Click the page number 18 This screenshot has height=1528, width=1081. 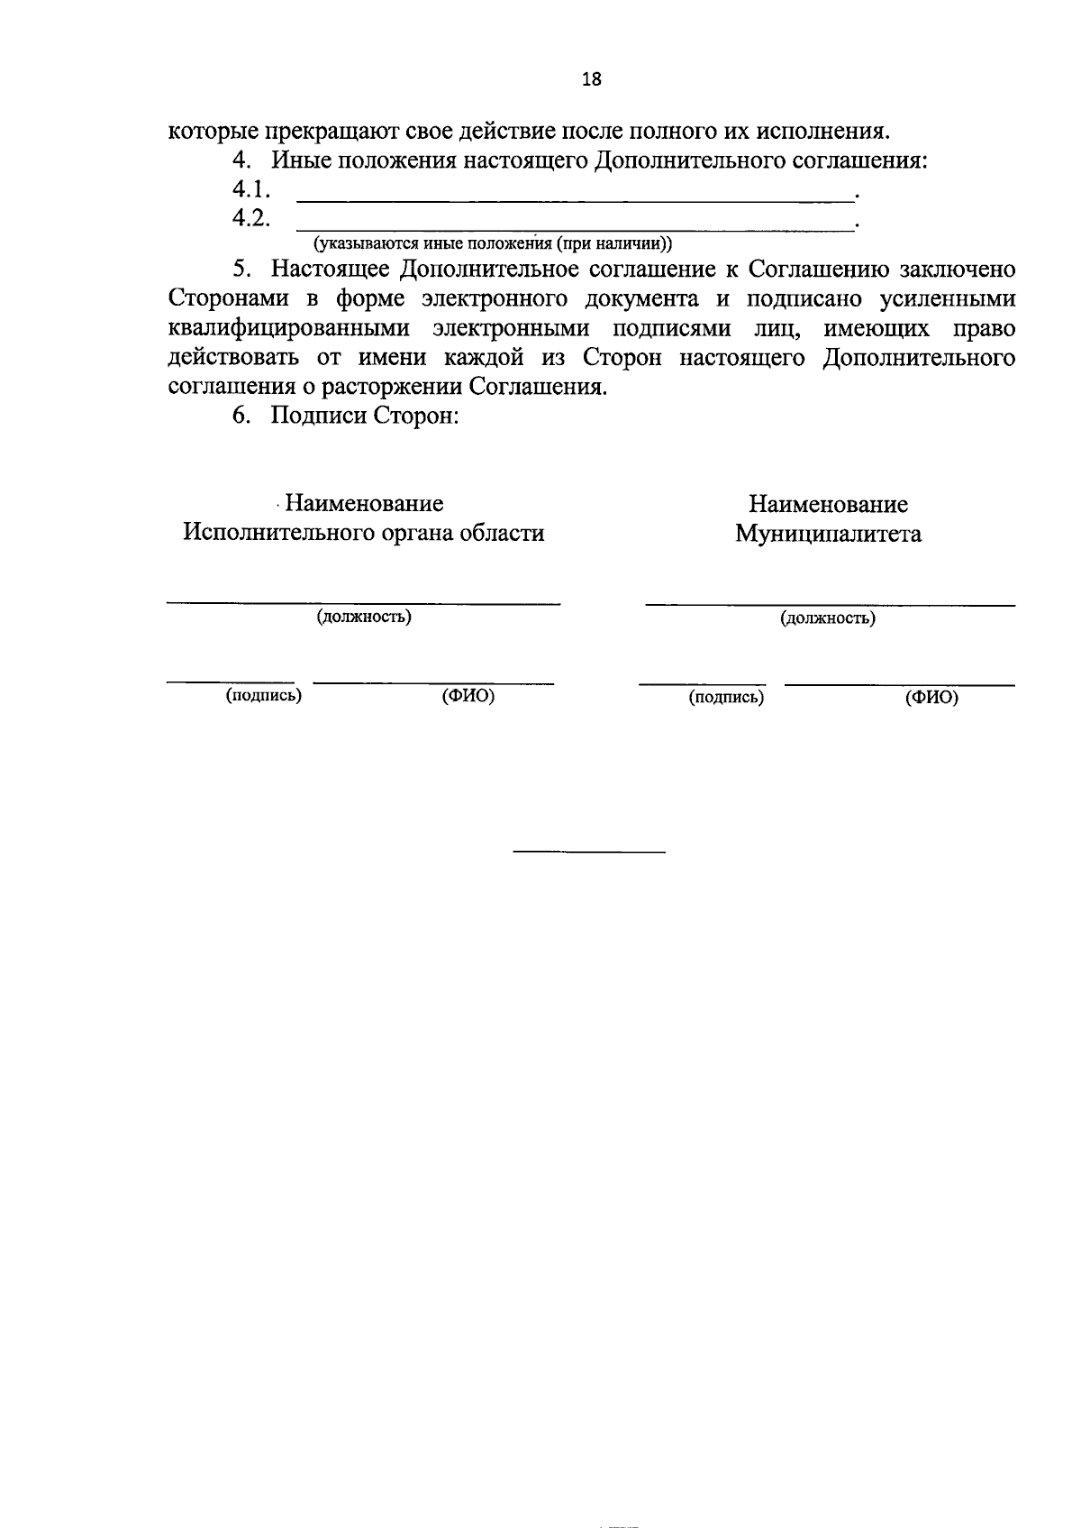pyautogui.click(x=591, y=79)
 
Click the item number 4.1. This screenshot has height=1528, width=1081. pyautogui.click(x=251, y=190)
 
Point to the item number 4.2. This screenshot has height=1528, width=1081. pyautogui.click(x=251, y=219)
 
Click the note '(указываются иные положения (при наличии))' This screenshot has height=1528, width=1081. pyautogui.click(x=492, y=243)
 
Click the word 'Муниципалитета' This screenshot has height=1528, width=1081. pyautogui.click(x=828, y=535)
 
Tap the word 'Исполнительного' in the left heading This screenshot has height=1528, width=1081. pyautogui.click(x=285, y=533)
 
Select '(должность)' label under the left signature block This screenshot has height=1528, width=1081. pyautogui.click(x=363, y=617)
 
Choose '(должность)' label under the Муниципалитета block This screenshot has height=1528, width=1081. pyautogui.click(x=828, y=618)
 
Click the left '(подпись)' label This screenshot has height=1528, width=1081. pyautogui.click(x=263, y=695)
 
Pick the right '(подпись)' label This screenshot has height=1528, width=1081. pyautogui.click(x=726, y=697)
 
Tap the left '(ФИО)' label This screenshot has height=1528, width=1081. pyautogui.click(x=468, y=696)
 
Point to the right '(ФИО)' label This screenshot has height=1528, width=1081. pyautogui.click(x=931, y=697)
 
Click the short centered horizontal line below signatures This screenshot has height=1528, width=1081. pyautogui.click(x=589, y=852)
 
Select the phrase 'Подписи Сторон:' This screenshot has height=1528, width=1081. pyautogui.click(x=366, y=417)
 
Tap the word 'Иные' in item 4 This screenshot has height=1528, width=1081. pyautogui.click(x=303, y=162)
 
